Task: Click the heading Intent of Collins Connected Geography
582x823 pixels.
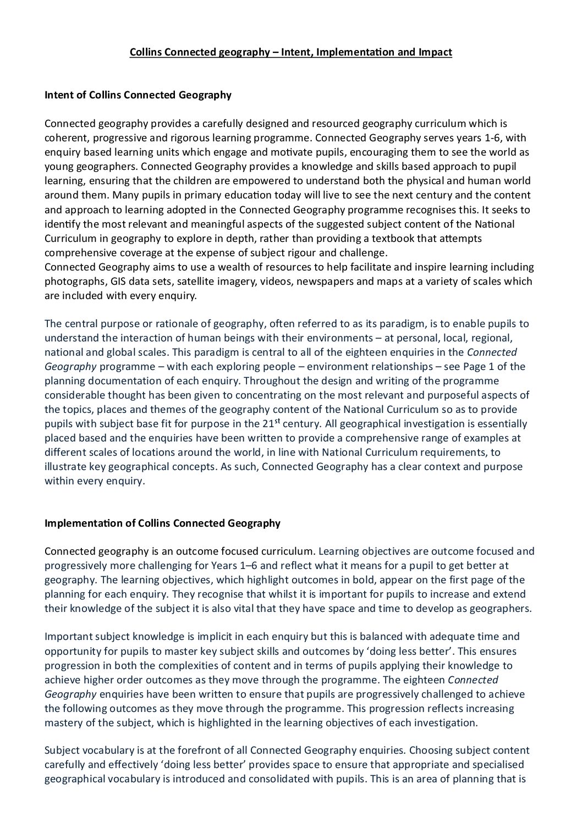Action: coord(138,95)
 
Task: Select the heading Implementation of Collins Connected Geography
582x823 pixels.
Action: coord(162,523)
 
